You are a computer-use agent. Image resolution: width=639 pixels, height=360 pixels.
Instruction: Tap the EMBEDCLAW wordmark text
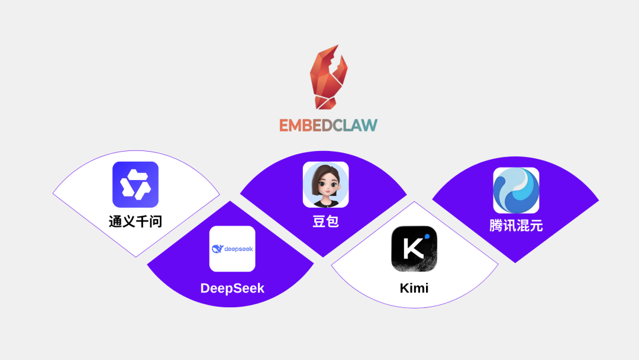[x=328, y=125]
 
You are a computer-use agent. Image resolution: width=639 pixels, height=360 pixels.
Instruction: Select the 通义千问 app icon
[x=135, y=185]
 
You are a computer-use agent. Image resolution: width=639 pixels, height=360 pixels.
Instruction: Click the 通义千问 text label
[x=135, y=221]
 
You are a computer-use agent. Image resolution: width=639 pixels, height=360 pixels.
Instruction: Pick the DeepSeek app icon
[x=232, y=249]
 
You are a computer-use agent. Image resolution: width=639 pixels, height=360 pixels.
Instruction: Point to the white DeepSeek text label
[x=232, y=288]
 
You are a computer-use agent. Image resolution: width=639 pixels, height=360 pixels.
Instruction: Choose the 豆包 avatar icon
[x=325, y=185]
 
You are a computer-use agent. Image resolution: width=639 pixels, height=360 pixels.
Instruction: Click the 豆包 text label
[x=325, y=221]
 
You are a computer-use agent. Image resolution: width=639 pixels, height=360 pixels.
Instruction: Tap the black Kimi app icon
[x=414, y=249]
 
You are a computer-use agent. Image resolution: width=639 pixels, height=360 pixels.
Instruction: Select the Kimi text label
[x=414, y=288]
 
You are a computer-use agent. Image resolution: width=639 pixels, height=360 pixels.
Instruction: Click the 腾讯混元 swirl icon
[x=516, y=191]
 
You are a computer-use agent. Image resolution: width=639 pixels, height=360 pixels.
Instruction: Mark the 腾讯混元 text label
[x=516, y=226]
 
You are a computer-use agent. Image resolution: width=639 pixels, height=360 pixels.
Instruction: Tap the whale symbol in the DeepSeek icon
[x=217, y=249]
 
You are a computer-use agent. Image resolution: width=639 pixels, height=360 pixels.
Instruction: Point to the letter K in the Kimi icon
[x=412, y=249]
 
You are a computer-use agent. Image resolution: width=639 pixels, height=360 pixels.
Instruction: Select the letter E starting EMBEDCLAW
[x=285, y=125]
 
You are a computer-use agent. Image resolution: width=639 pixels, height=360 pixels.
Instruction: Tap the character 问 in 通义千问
[x=156, y=221]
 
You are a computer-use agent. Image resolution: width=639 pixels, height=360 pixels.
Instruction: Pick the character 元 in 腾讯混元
[x=536, y=226]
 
